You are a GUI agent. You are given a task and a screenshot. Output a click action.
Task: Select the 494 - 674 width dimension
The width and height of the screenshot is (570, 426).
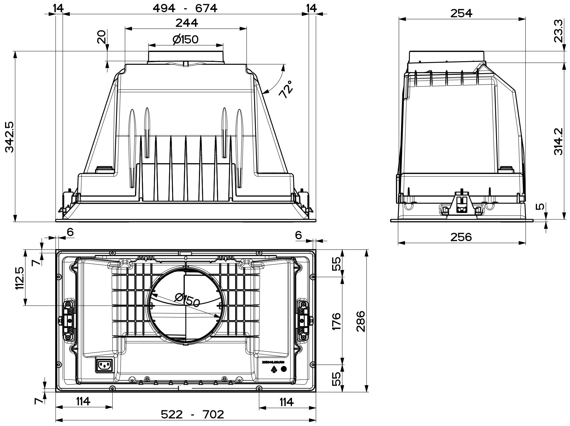point(185,8)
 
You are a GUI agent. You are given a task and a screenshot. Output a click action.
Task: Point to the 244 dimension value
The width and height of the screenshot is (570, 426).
point(187,23)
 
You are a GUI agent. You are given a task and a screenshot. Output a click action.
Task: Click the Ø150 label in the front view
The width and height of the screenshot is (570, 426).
point(186,39)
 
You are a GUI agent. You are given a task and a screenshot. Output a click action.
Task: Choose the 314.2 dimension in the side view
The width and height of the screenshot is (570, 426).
point(559,141)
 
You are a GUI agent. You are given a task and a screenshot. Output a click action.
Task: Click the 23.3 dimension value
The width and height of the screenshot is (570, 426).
point(559,35)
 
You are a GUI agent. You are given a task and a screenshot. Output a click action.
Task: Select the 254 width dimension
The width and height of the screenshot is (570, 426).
point(462,13)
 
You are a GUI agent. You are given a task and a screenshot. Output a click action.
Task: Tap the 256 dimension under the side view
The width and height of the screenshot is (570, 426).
point(461,237)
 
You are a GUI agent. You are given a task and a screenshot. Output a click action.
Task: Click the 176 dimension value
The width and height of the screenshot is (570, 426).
point(337,321)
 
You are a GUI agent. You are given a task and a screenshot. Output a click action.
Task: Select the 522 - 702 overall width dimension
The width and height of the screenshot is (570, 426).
point(192,414)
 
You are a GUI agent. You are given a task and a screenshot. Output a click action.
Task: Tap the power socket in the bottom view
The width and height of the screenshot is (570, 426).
point(104,365)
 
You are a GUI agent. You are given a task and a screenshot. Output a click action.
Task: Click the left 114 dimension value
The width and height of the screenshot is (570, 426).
point(83,401)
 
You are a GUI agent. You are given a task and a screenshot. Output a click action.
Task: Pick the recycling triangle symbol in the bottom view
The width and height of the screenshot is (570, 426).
point(274,370)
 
